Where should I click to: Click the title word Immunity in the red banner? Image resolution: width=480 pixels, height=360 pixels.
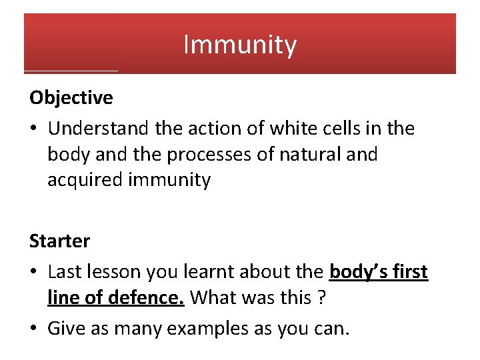pos(240,45)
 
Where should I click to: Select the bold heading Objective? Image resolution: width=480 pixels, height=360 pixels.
pos(71,98)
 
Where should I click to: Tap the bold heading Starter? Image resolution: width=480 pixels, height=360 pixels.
pos(60,240)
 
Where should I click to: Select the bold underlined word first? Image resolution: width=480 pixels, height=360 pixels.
pos(408,273)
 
